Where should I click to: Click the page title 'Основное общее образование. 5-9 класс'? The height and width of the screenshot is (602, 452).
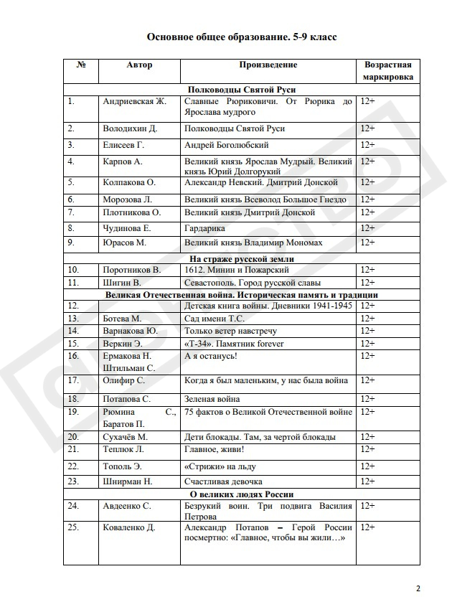(x=242, y=36)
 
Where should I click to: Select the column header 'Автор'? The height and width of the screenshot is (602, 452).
(x=139, y=65)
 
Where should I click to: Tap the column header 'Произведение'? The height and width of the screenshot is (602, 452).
(x=268, y=65)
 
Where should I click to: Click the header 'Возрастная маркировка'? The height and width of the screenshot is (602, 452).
(x=387, y=70)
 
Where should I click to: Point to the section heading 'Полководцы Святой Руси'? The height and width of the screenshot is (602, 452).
(x=242, y=90)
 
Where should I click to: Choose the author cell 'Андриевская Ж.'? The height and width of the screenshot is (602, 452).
(x=135, y=101)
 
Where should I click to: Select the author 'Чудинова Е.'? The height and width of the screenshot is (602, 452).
(x=127, y=228)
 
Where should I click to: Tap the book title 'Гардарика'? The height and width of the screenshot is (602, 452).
(x=205, y=228)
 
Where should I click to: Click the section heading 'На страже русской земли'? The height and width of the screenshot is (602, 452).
(x=242, y=258)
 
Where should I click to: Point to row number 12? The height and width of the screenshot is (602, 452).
(x=73, y=306)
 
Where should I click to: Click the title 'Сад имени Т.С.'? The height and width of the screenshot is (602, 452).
(x=215, y=318)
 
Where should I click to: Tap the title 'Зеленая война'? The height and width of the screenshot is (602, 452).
(x=212, y=398)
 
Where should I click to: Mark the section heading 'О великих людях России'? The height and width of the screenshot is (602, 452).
(x=242, y=494)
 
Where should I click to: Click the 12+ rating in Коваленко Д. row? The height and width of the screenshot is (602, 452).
(x=368, y=527)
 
